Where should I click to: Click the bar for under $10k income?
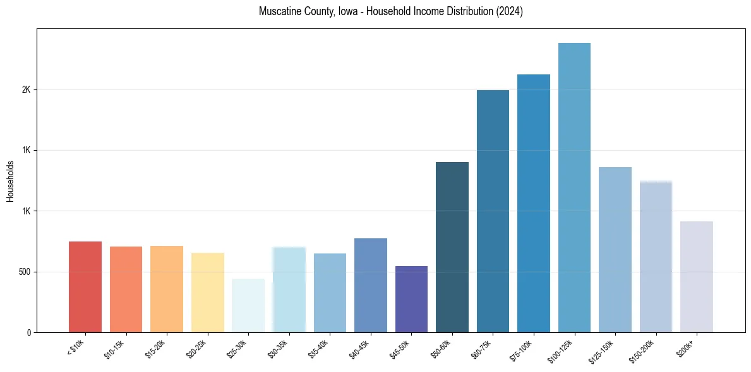pyautogui.click(x=85, y=287)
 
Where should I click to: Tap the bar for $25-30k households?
pyautogui.click(x=248, y=305)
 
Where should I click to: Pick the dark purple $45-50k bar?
pyautogui.click(x=411, y=299)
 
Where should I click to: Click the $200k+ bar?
pyautogui.click(x=696, y=277)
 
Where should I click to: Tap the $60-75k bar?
pyautogui.click(x=493, y=211)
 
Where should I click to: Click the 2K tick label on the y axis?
pyautogui.click(x=26, y=90)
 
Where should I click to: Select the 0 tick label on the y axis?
pyautogui.click(x=28, y=332)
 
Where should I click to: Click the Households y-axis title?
pyautogui.click(x=10, y=181)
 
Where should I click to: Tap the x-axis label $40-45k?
pyautogui.click(x=359, y=348)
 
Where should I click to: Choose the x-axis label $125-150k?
pyautogui.click(x=601, y=350)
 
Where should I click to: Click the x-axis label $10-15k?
pyautogui.click(x=114, y=348)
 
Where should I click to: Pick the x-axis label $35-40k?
pyautogui.click(x=318, y=348)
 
